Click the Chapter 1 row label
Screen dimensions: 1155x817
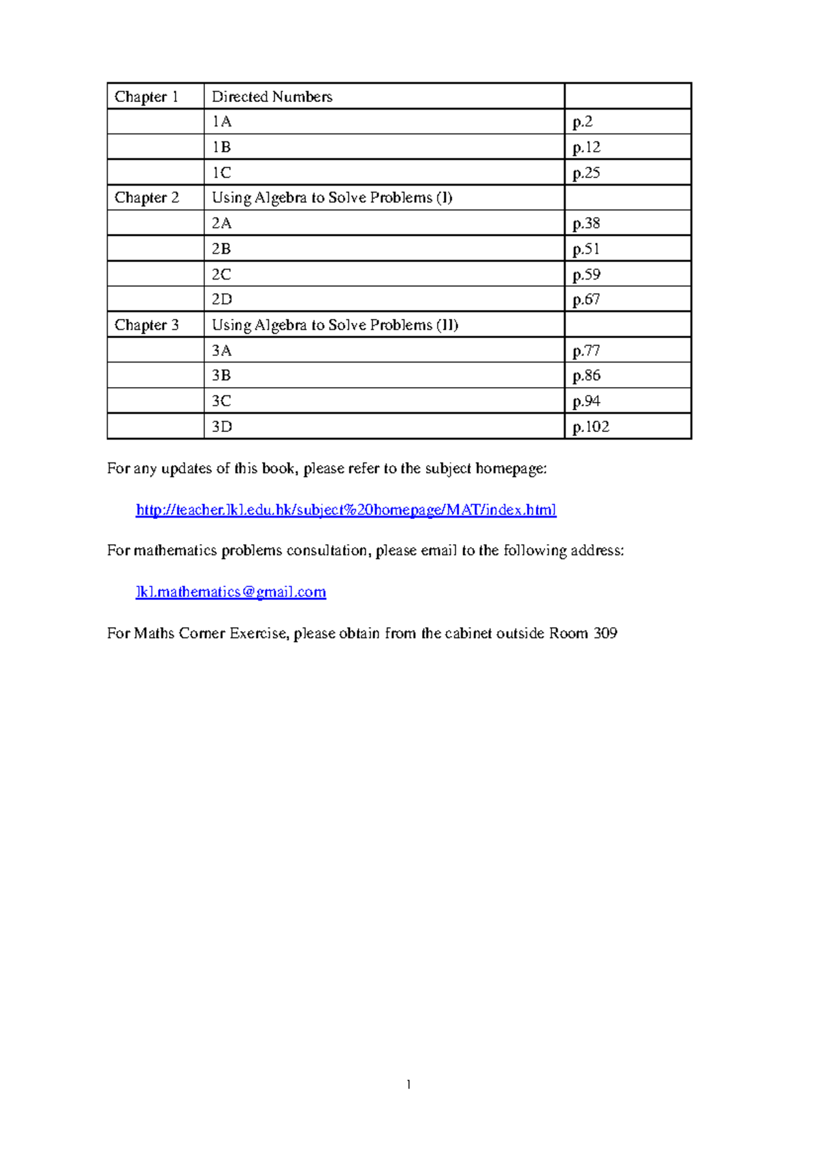coord(146,97)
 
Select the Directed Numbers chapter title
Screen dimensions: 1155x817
coord(272,97)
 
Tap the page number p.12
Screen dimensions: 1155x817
coord(586,147)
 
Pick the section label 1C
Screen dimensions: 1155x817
coord(221,173)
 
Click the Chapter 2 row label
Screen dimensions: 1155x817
coord(146,198)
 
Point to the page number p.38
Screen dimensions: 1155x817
coord(586,223)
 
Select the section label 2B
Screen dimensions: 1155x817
coord(221,249)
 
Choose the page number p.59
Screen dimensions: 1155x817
coord(586,274)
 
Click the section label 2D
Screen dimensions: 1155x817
coord(221,299)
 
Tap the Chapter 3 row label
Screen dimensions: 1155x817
coord(146,325)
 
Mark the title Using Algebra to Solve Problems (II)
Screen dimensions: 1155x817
coord(335,325)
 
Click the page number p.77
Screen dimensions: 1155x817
coord(586,350)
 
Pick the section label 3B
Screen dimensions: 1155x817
coord(221,375)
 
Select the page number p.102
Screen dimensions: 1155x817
coord(590,426)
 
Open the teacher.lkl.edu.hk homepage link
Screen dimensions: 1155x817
coord(346,510)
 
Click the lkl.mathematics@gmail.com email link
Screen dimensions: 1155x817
coord(231,592)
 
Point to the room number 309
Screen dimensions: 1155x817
coord(605,633)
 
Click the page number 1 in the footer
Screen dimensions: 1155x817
coord(408,1085)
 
